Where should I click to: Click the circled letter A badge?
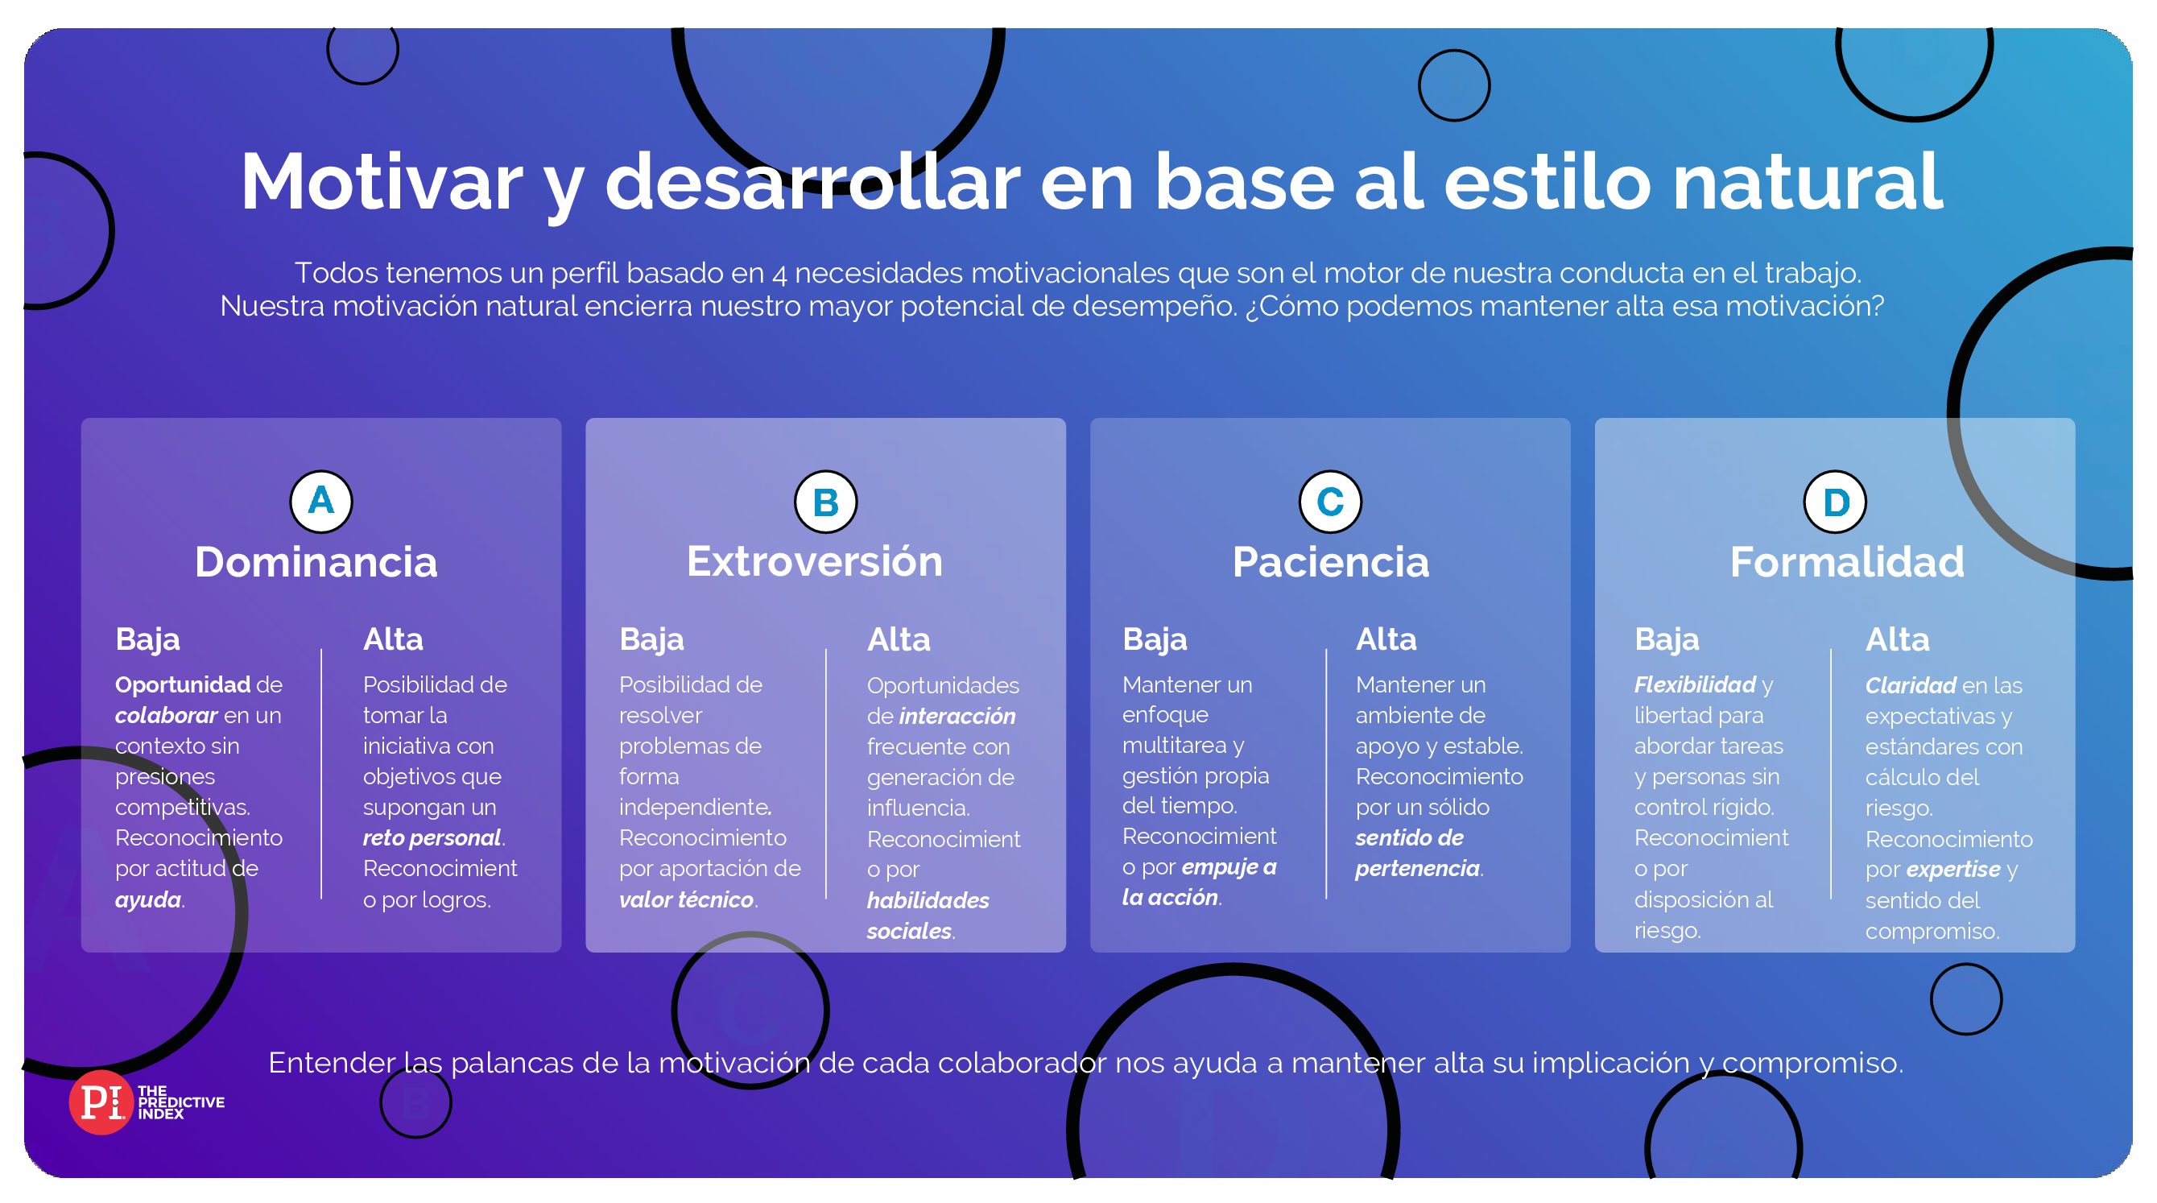pyautogui.click(x=320, y=502)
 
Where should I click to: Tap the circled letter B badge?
pyautogui.click(x=825, y=502)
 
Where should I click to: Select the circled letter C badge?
pyautogui.click(x=1331, y=502)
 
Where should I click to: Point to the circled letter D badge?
pyautogui.click(x=1836, y=502)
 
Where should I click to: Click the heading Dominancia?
pyautogui.click(x=316, y=562)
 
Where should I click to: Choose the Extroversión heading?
pyautogui.click(x=815, y=562)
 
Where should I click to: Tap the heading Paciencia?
pyautogui.click(x=1331, y=562)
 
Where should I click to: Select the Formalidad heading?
pyautogui.click(x=1847, y=562)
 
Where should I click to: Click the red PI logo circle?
pyautogui.click(x=101, y=1102)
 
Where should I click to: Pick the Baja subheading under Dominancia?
pyautogui.click(x=147, y=639)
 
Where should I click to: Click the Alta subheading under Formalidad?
pyautogui.click(x=1898, y=639)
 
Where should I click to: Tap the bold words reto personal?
pyautogui.click(x=432, y=838)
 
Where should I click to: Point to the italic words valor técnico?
pyautogui.click(x=687, y=900)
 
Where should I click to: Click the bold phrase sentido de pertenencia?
pyautogui.click(x=1418, y=853)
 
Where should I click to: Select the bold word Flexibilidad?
pyautogui.click(x=1695, y=684)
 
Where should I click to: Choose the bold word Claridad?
pyautogui.click(x=1911, y=685)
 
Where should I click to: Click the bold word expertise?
pyautogui.click(x=1953, y=870)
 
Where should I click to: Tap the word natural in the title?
pyautogui.click(x=1808, y=183)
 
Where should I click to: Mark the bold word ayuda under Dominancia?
pyautogui.click(x=148, y=900)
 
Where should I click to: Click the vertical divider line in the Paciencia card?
pyautogui.click(x=1326, y=774)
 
